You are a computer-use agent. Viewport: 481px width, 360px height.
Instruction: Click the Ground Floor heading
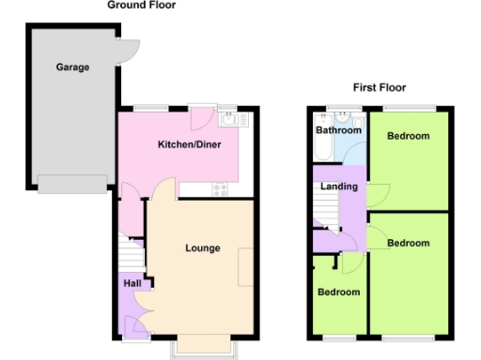pyautogui.click(x=141, y=6)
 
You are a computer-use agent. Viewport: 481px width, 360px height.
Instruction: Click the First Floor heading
pyautogui.click(x=380, y=87)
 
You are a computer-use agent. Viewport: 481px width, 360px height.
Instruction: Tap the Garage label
pyautogui.click(x=72, y=67)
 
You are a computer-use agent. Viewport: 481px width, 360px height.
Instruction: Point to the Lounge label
pyautogui.click(x=202, y=248)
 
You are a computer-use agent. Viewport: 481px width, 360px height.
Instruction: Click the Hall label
pyautogui.click(x=132, y=283)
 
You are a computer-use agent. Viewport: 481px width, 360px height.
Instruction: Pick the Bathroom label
pyautogui.click(x=337, y=131)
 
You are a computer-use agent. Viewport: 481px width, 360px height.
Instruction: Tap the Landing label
pyautogui.click(x=338, y=187)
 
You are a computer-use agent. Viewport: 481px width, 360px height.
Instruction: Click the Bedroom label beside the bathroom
pyautogui.click(x=408, y=136)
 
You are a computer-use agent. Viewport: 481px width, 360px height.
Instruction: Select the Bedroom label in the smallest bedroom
pyautogui.click(x=337, y=292)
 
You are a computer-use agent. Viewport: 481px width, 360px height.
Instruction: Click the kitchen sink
pyautogui.click(x=228, y=119)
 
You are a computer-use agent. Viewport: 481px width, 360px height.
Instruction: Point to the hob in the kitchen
pyautogui.click(x=222, y=189)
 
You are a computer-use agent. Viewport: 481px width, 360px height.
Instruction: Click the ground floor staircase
pyautogui.click(x=131, y=254)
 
